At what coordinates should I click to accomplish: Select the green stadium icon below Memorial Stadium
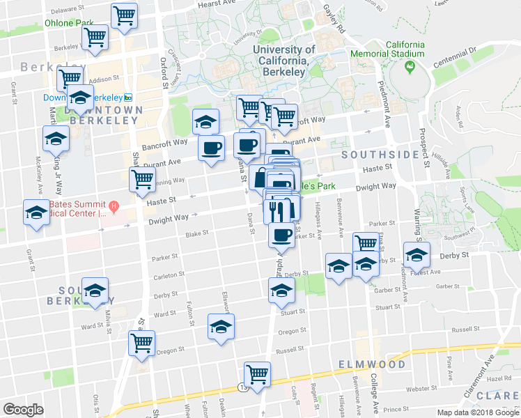[x=410, y=68]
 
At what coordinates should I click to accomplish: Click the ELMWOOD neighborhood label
[x=371, y=364]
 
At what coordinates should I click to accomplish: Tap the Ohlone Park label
[x=69, y=22]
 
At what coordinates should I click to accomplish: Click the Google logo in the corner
[x=24, y=409]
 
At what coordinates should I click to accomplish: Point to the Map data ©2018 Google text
[x=477, y=412]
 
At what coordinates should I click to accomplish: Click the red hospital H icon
[x=115, y=206]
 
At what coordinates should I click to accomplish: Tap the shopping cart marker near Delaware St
[x=124, y=15]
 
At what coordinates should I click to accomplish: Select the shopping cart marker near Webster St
[x=257, y=374]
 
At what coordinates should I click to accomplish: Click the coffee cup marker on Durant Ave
[x=211, y=148]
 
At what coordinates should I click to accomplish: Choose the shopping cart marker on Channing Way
[x=142, y=179]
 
